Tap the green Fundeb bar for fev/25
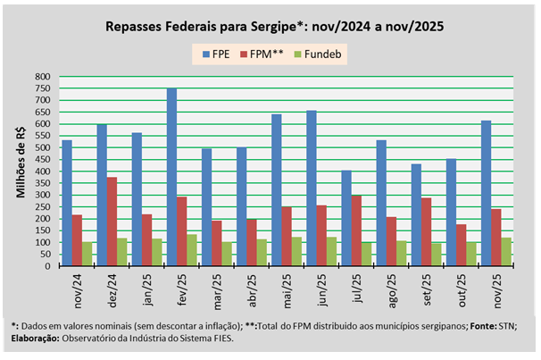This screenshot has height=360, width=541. (192, 250)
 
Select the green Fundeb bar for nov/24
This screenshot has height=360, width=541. (87, 254)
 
